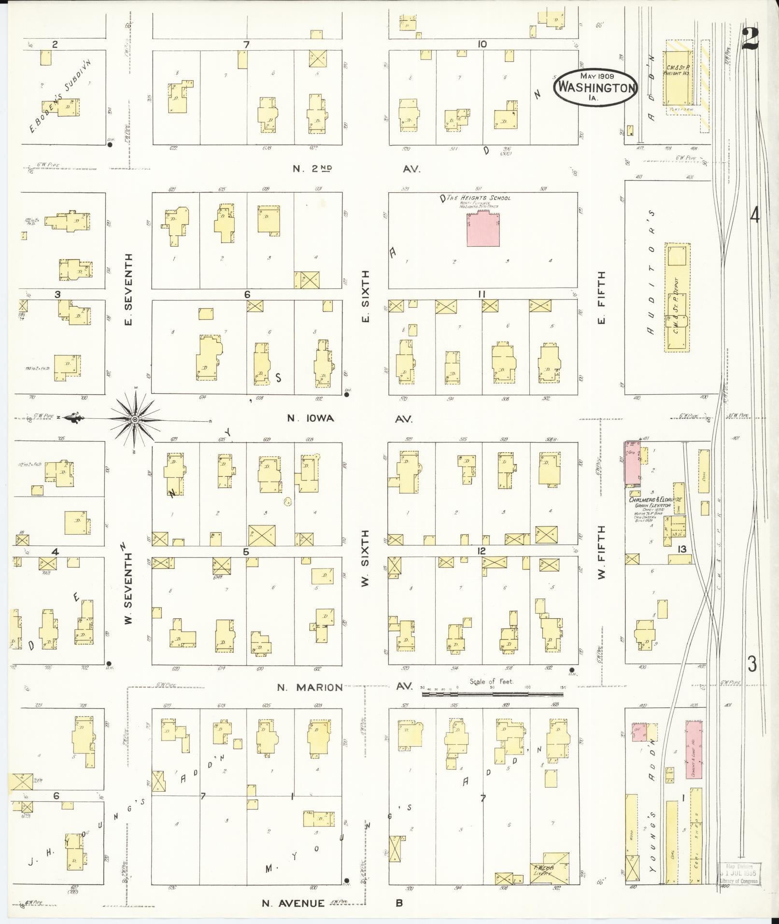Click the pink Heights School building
[x=483, y=229]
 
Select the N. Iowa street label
[x=311, y=418]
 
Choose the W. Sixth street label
[x=365, y=558]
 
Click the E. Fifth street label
[x=601, y=298]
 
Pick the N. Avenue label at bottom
[x=294, y=903]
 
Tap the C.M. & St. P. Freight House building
[x=678, y=77]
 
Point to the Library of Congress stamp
[x=738, y=873]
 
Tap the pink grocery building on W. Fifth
[x=632, y=462]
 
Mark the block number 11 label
[x=482, y=294]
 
